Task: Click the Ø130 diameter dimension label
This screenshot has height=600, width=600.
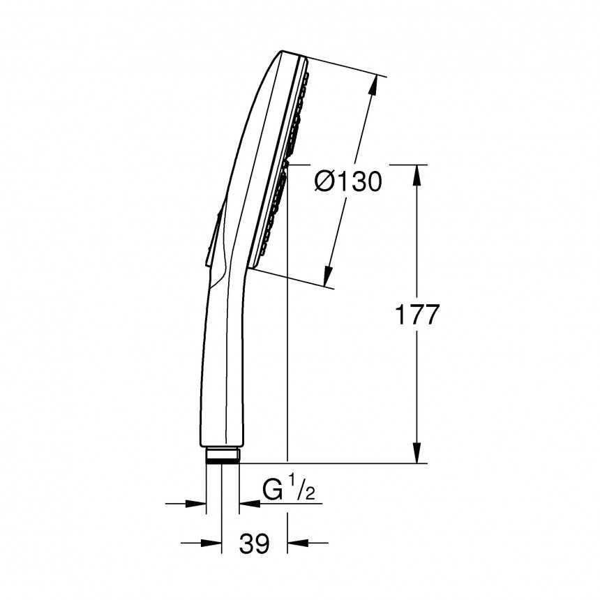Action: click(x=348, y=183)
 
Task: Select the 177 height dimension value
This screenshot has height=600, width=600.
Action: click(x=417, y=315)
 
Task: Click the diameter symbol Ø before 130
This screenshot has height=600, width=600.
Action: click(x=326, y=183)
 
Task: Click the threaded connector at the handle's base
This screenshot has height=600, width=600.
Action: click(x=223, y=456)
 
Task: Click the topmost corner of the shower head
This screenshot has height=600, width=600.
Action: click(x=283, y=51)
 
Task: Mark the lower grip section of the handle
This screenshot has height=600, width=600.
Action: click(x=223, y=377)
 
